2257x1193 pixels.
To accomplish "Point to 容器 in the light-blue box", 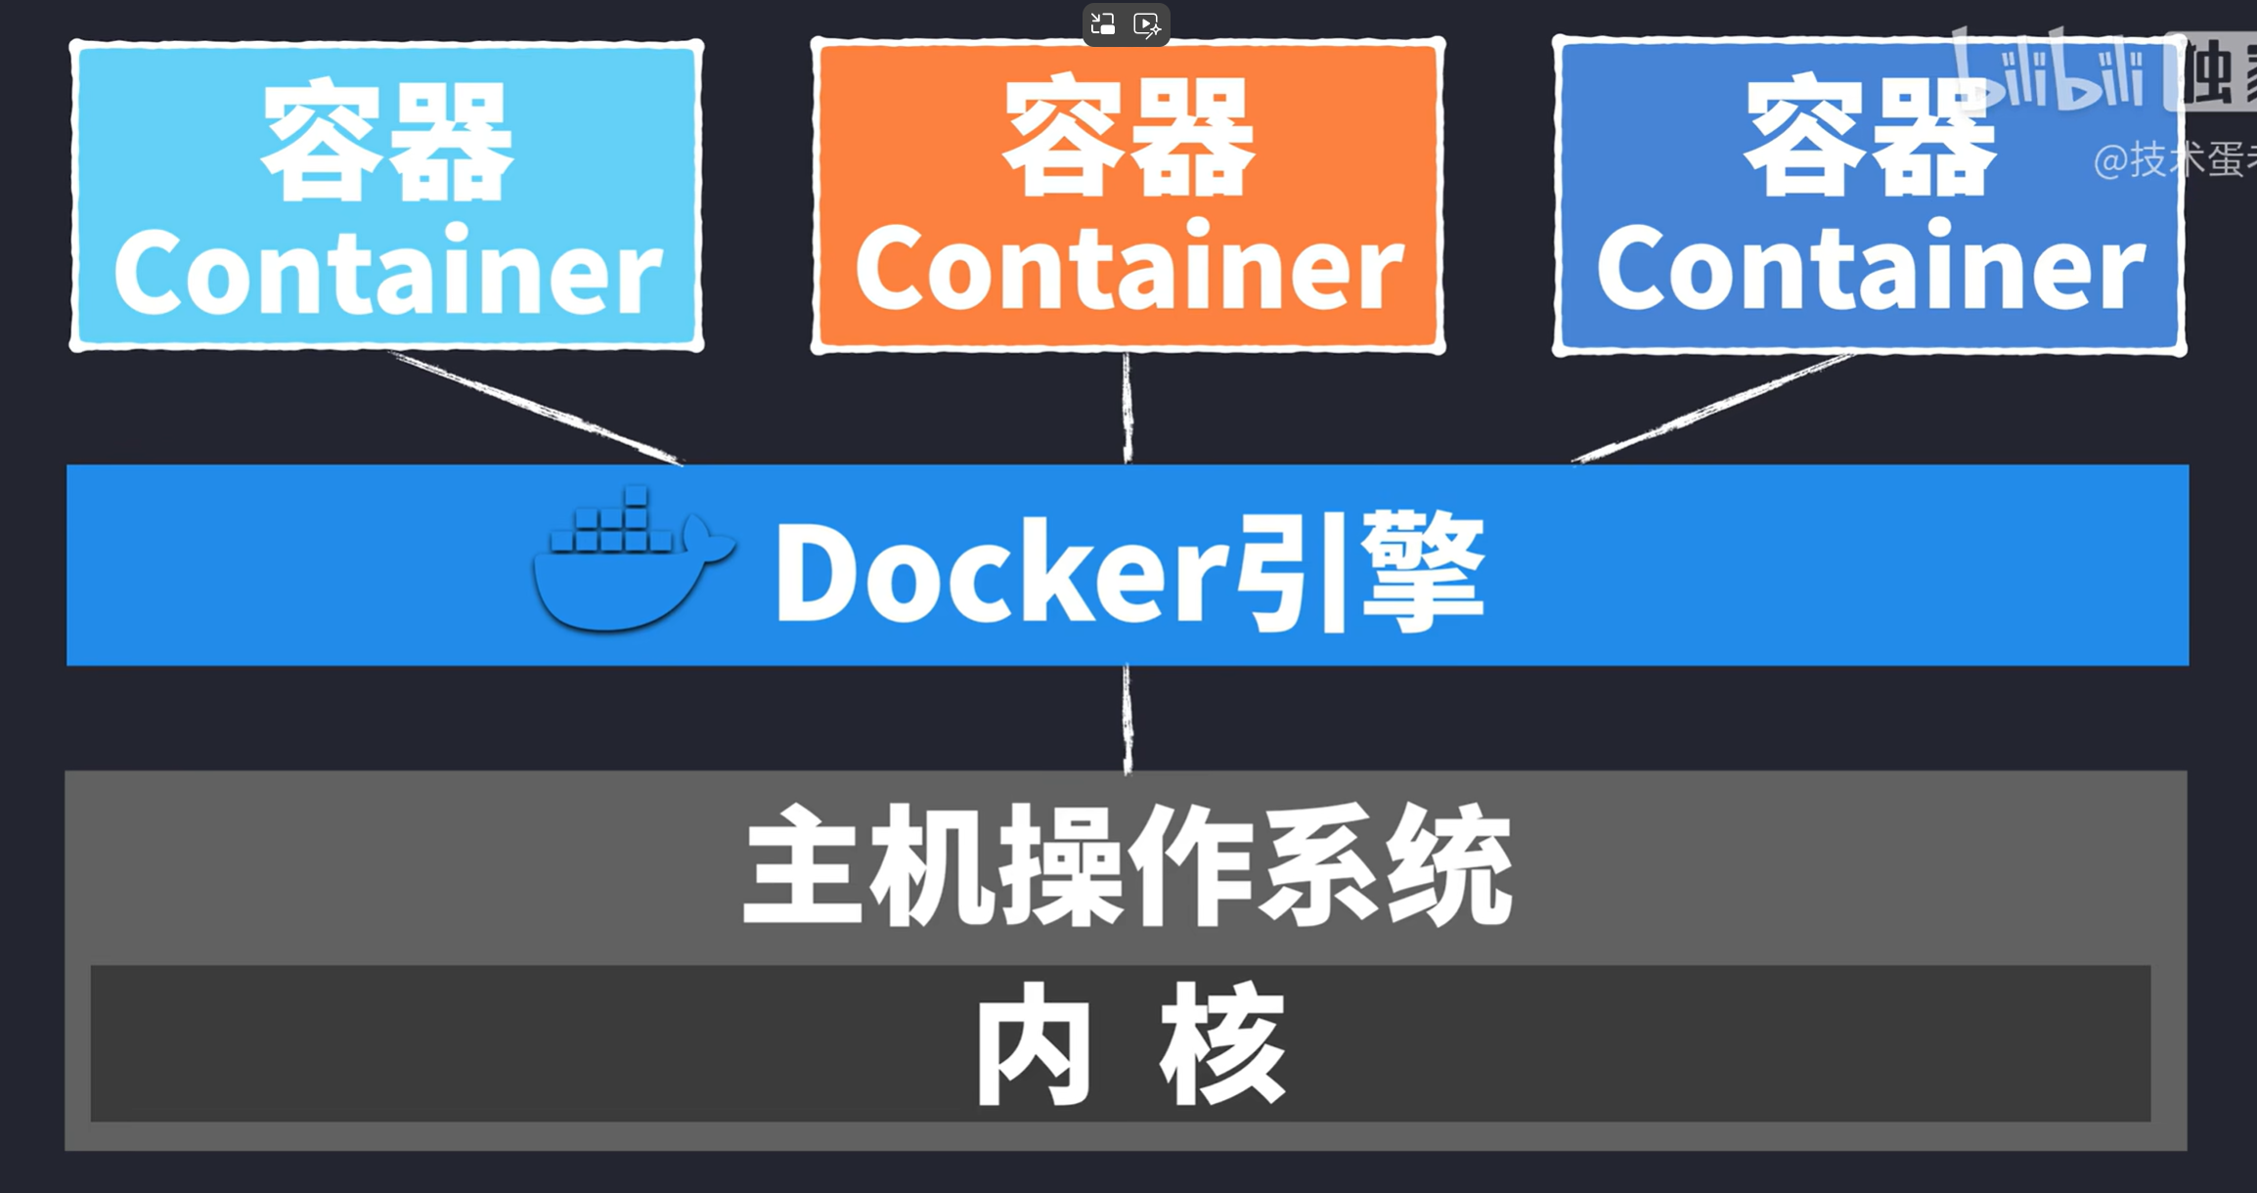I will (388, 141).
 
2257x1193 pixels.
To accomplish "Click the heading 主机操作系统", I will (1128, 865).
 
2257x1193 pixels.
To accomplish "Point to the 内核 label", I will (1129, 1043).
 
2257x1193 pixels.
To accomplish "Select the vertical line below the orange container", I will (1128, 408).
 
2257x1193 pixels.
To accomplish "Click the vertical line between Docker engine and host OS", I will (1128, 719).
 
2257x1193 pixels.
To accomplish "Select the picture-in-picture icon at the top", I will (1103, 24).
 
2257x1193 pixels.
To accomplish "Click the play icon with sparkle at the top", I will (1147, 24).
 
